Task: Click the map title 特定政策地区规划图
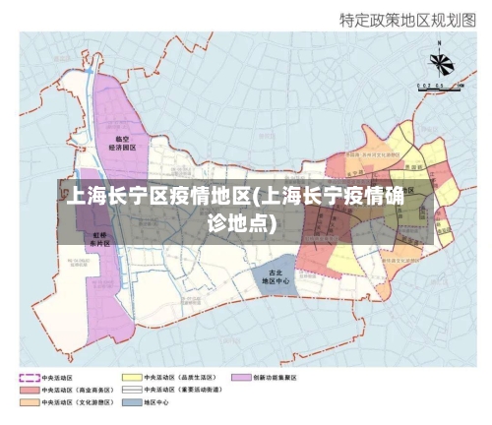coord(406,19)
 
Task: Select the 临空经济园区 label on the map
coord(123,143)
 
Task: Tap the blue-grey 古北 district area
coord(276,264)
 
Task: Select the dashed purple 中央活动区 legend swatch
coord(28,377)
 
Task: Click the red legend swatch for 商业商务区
coord(28,390)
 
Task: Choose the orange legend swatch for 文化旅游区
coord(28,402)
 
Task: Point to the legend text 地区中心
coord(157,402)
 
